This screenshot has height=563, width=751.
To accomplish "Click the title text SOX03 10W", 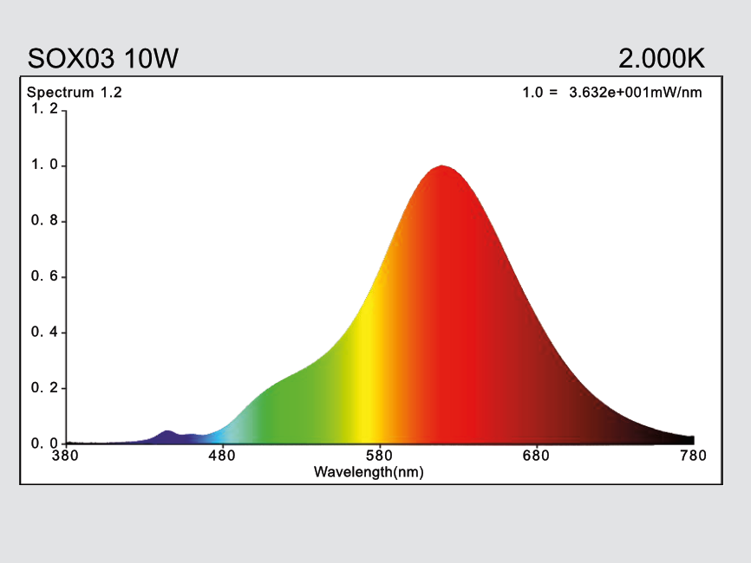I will (103, 59).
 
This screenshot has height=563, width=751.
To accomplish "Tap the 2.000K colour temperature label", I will (661, 59).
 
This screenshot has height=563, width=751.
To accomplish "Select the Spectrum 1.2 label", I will (75, 93).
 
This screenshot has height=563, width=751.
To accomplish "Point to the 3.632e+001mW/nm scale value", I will (635, 93).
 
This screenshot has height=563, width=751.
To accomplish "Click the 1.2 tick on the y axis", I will (45, 109).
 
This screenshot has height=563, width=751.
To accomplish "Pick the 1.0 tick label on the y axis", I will (45, 165).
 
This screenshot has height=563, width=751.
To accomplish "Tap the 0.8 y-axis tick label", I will (45, 221).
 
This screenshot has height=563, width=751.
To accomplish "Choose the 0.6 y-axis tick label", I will (45, 276).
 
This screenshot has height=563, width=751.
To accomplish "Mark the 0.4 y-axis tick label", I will (45, 333).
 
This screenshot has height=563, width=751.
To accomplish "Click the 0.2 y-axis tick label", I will (45, 388).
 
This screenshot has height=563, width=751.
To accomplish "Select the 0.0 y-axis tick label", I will (45, 443).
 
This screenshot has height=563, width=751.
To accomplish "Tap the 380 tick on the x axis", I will (67, 456).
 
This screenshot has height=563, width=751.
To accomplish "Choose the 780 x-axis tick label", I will (693, 456).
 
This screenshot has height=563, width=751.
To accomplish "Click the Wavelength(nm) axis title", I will (369, 472).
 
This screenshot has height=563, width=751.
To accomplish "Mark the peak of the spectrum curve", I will (442, 166).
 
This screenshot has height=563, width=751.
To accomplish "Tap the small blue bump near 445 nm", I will (167, 432).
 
